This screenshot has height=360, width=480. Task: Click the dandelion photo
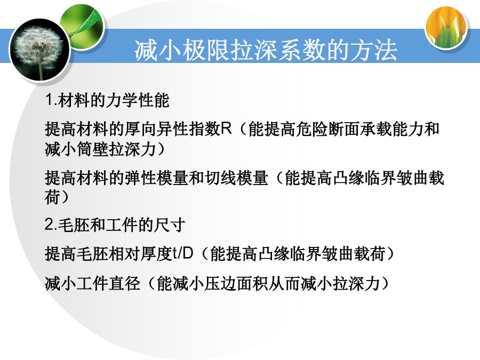[x=39, y=50]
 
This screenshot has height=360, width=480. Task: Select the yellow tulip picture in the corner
[x=446, y=27]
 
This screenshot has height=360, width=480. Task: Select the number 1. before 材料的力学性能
[x=51, y=100]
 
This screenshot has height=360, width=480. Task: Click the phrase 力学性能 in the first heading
[x=137, y=100]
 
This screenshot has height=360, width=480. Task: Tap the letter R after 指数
[x=226, y=128]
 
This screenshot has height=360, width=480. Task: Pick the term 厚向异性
[x=156, y=129]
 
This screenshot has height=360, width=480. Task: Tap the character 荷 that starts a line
[x=53, y=197]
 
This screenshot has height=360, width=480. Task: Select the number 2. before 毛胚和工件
[x=51, y=225]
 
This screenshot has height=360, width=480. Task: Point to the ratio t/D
[x=183, y=253]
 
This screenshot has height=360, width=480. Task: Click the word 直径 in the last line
[x=125, y=283]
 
